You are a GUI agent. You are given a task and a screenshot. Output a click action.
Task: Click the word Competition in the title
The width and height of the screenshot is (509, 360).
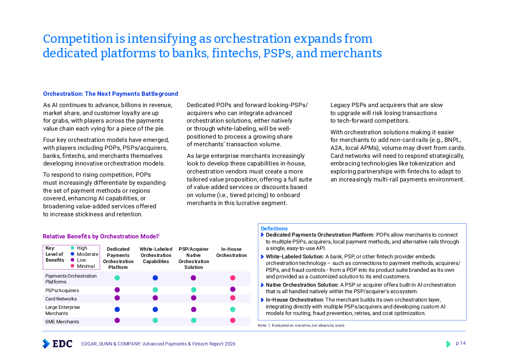tap(78, 39)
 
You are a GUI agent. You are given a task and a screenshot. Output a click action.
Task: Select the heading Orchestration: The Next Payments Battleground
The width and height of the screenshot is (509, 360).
tap(111, 94)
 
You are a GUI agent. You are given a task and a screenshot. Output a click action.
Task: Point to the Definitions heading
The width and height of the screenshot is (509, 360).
tap(274, 229)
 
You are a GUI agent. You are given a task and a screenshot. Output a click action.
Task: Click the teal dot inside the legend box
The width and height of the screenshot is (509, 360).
tap(72, 248)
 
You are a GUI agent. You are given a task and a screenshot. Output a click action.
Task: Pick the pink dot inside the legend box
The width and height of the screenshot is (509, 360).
tap(72, 266)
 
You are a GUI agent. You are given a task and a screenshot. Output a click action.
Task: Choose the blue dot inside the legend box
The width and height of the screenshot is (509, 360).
tap(72, 254)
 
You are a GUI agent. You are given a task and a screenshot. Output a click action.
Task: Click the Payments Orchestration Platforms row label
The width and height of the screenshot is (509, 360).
tap(71, 279)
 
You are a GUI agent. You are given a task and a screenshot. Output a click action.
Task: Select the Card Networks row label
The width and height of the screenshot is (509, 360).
tap(61, 299)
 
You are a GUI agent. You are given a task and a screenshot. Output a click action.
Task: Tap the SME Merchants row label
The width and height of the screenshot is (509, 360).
tap(62, 322)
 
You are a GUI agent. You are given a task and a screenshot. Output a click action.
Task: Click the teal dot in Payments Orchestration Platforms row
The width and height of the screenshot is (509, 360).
tap(117, 278)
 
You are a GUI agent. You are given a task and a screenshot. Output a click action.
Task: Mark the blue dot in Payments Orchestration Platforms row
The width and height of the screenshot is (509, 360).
tap(155, 278)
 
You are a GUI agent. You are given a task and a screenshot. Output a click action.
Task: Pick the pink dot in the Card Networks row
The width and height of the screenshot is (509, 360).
tap(233, 298)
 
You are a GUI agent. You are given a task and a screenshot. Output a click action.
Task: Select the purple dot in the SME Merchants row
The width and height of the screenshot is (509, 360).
tap(117, 320)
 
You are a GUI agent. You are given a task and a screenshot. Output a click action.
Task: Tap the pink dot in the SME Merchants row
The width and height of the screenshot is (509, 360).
tap(233, 320)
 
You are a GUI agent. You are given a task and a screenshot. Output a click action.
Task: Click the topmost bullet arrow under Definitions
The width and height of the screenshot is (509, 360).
tap(262, 235)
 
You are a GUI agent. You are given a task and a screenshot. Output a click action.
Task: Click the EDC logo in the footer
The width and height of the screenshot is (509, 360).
tap(57, 344)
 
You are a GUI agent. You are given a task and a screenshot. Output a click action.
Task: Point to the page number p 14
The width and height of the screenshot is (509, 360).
tap(461, 343)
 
